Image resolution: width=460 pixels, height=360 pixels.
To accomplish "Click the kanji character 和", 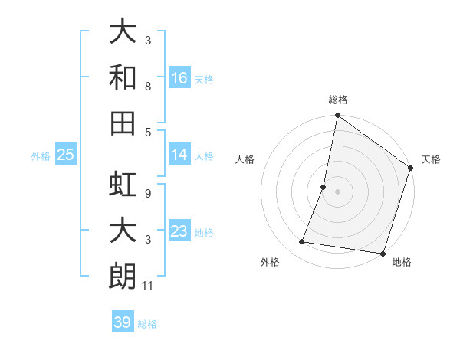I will click(x=123, y=77).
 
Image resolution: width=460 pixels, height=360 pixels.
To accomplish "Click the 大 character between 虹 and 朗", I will click(x=123, y=231).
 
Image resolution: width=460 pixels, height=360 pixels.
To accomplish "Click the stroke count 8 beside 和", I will click(x=148, y=87).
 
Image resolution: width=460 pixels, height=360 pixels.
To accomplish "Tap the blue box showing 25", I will click(x=66, y=155).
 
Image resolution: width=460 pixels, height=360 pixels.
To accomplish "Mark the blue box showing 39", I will click(x=123, y=322).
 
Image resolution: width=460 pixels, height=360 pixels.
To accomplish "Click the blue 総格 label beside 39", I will click(x=148, y=324).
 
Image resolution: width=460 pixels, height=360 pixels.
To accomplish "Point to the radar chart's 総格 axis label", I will click(x=338, y=100).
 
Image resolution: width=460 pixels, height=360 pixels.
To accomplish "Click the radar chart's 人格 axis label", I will click(x=245, y=159).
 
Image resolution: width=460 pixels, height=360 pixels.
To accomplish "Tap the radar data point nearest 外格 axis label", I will click(x=302, y=242).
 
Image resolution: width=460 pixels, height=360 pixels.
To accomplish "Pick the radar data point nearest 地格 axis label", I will click(x=383, y=253).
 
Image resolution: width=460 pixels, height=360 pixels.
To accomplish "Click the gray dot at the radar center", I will click(x=337, y=191).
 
